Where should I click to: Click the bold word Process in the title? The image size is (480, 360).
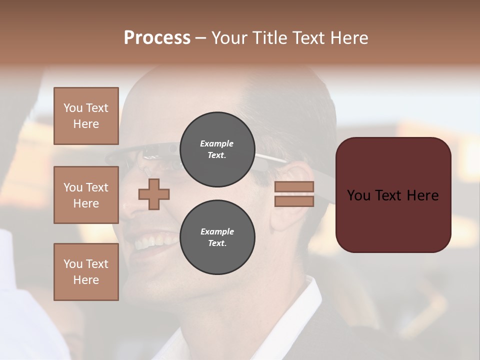[157, 38]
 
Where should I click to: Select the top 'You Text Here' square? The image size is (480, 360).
[86, 116]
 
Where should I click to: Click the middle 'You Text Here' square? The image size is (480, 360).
[86, 195]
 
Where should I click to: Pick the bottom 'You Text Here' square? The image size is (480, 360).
[86, 272]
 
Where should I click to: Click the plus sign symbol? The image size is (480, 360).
[154, 194]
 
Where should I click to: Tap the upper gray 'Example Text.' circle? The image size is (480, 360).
[217, 149]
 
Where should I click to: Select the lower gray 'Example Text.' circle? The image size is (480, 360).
[217, 237]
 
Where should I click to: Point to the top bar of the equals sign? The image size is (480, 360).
[294, 187]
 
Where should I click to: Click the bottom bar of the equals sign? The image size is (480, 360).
[294, 201]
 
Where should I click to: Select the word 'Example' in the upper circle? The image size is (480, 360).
[217, 144]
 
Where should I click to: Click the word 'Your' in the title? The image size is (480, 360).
[228, 38]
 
